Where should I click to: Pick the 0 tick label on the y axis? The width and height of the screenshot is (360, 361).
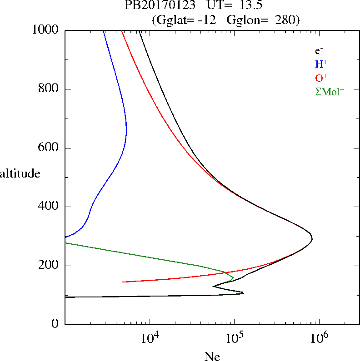[55, 324]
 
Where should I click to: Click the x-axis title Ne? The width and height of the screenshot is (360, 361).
[212, 356]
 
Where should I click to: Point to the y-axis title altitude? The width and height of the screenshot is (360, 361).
[20, 173]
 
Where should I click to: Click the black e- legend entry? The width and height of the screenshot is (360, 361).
[319, 51]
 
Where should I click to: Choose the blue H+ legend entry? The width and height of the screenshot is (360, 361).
[321, 64]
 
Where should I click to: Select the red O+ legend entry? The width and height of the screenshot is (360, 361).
[321, 78]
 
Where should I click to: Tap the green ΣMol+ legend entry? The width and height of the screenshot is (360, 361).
[330, 91]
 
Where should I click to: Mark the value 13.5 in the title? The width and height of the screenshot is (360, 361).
[246, 6]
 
